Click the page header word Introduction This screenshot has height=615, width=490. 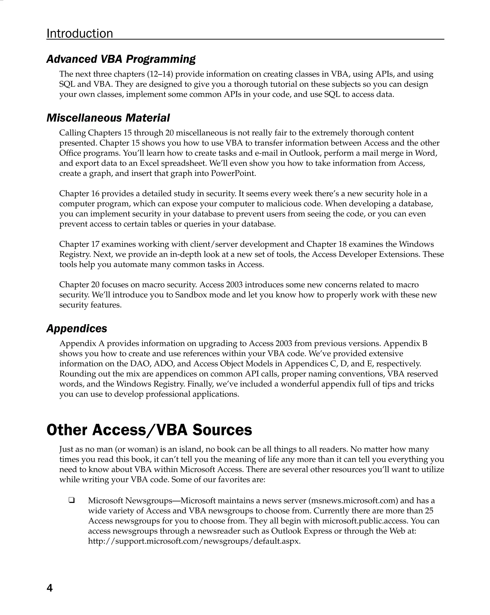pyautogui.click(x=80, y=33)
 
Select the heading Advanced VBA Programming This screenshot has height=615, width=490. pyautogui.click(x=121, y=59)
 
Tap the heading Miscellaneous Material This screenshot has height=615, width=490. pyautogui.click(x=108, y=118)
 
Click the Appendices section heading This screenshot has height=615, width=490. pyautogui.click(x=77, y=328)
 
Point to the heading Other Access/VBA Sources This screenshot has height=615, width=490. pyautogui.click(x=149, y=430)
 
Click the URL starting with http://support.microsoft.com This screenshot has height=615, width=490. pyautogui.click(x=194, y=541)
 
